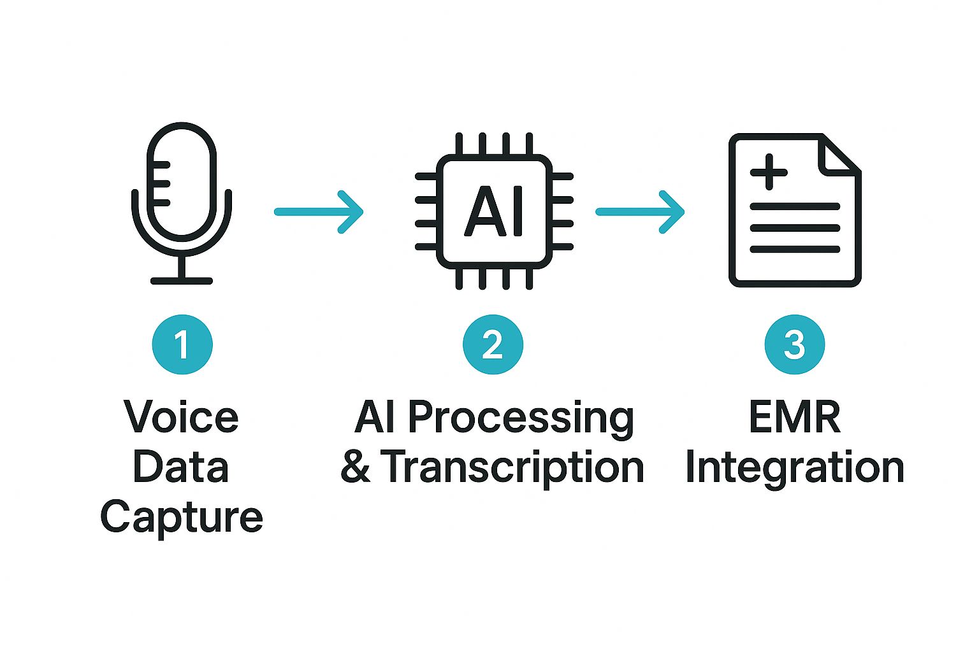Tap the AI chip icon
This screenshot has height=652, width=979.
(x=494, y=211)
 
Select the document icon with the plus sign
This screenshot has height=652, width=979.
(x=794, y=210)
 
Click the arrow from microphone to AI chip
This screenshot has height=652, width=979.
(x=319, y=211)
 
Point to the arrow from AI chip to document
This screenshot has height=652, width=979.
(x=640, y=211)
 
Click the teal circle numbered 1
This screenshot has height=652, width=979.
(x=182, y=344)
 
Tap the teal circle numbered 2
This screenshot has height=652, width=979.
(x=493, y=344)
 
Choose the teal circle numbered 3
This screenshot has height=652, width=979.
(x=794, y=344)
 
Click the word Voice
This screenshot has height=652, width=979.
(x=182, y=417)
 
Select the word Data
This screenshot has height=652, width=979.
(x=181, y=467)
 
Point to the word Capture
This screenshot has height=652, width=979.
(x=182, y=518)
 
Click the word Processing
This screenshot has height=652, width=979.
(x=521, y=419)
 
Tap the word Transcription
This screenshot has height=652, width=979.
(x=512, y=468)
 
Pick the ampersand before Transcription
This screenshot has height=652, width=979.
(x=355, y=467)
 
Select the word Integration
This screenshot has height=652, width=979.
(x=794, y=468)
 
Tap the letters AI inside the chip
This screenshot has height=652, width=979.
(x=494, y=211)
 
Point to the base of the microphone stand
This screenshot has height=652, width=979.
(x=182, y=280)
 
